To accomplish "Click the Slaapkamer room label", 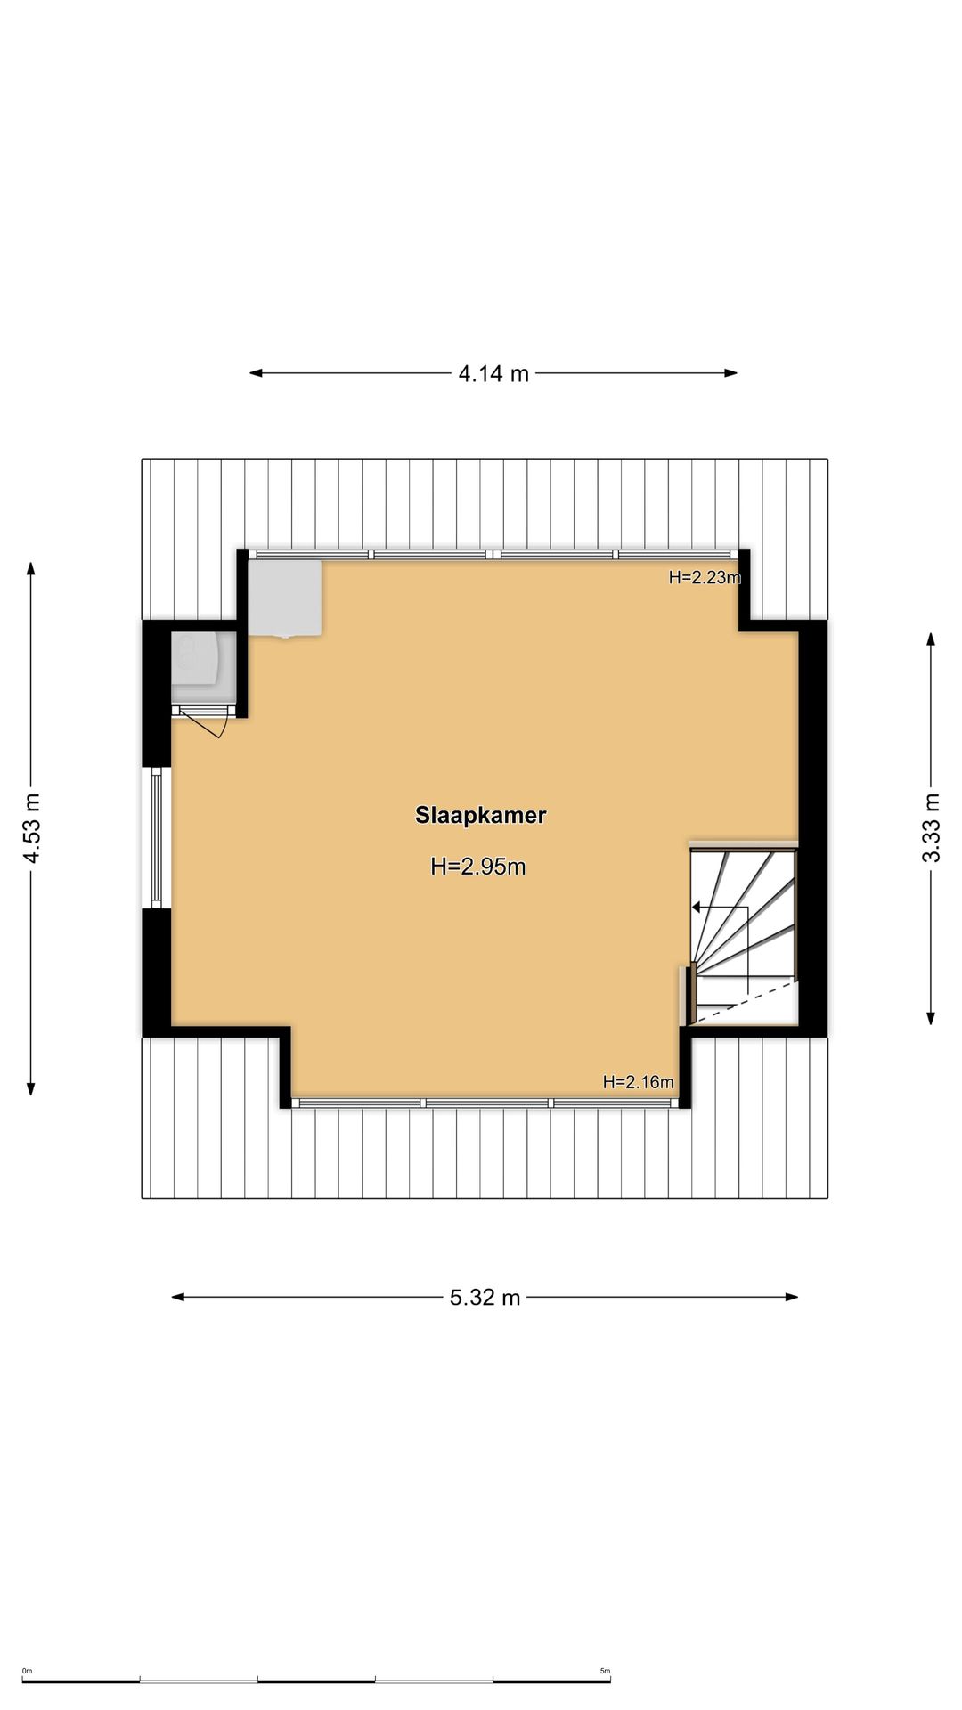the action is point(480,816).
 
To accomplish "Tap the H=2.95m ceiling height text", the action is point(478,867).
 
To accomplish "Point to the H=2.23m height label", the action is point(705,577).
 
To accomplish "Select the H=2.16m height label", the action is point(639,1082).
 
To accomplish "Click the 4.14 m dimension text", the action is point(493,374).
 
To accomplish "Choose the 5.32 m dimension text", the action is point(485,1298).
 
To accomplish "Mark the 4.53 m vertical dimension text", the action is point(32,828).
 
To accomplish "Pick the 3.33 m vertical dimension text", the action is point(931,828).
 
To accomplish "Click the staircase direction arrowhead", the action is point(697,908).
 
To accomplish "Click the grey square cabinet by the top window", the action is point(285,598).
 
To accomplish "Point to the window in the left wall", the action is point(157,837).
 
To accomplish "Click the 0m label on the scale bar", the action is point(27,1671).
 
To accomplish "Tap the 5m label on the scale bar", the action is point(605,1671).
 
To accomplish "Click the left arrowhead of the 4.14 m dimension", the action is point(256,373).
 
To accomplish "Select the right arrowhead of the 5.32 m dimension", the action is point(792,1297).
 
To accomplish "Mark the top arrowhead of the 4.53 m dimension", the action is point(31,569).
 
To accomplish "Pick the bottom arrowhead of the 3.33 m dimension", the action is point(931,1018).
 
